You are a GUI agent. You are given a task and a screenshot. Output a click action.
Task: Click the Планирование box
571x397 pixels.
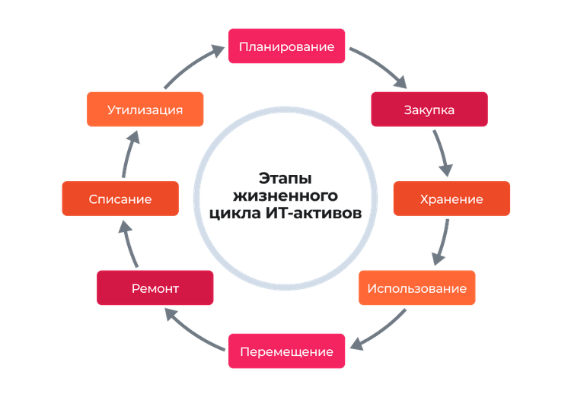pyautogui.click(x=286, y=46)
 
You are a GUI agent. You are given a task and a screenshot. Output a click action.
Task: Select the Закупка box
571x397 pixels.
pyautogui.click(x=429, y=110)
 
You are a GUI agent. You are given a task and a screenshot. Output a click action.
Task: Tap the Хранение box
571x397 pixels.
pyautogui.click(x=451, y=198)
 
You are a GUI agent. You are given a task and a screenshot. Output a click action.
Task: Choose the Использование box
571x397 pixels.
pyautogui.click(x=417, y=288)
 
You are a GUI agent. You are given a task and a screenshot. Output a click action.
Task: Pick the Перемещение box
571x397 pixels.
pyautogui.click(x=286, y=351)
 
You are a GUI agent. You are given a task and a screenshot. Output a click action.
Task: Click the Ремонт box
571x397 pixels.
pyautogui.click(x=155, y=288)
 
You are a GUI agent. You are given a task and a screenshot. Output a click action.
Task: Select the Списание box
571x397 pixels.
pyautogui.click(x=120, y=198)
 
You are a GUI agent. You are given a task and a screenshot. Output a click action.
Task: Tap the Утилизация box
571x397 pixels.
pyautogui.click(x=145, y=110)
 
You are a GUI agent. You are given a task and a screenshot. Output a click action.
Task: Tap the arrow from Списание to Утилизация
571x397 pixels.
pyautogui.click(x=130, y=152)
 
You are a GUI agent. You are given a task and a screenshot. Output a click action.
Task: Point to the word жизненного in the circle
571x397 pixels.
pyautogui.click(x=285, y=195)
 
